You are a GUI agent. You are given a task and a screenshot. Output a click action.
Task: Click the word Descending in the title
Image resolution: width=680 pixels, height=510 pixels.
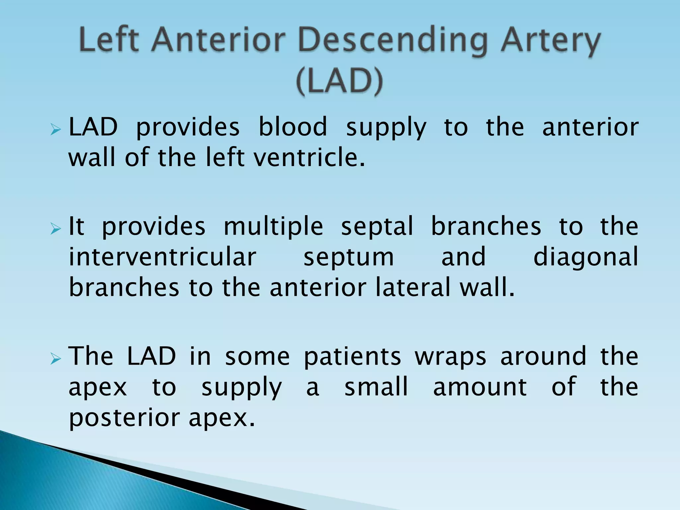[x=393, y=42]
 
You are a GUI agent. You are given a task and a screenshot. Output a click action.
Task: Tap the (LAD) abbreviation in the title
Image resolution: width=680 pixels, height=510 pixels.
[x=339, y=82]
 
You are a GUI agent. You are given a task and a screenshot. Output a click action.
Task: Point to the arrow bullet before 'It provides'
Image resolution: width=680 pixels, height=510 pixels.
[x=55, y=229]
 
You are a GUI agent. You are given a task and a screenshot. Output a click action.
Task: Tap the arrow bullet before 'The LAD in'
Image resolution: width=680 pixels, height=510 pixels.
[x=55, y=359]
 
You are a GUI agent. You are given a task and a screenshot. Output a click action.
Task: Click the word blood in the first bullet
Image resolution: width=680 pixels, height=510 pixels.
[x=293, y=127]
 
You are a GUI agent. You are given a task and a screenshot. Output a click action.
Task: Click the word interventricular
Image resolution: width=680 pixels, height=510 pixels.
[x=162, y=257]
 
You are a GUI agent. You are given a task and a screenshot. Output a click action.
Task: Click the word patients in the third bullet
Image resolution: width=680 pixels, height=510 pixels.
[x=352, y=357]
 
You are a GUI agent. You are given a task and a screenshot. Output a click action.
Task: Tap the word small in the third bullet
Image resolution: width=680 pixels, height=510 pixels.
[x=376, y=387]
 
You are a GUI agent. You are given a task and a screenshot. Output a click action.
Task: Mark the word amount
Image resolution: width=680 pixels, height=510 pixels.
[x=480, y=387]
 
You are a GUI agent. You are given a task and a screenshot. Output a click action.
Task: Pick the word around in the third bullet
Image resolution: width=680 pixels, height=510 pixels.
[x=543, y=357]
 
